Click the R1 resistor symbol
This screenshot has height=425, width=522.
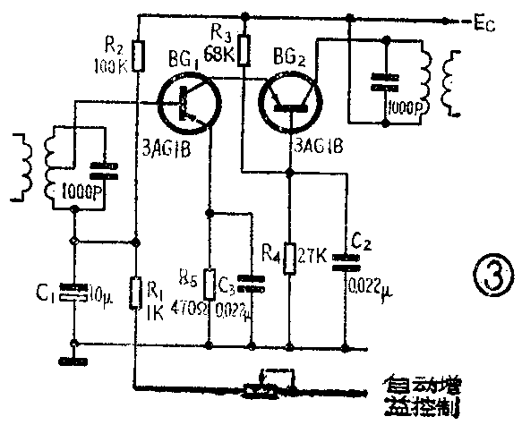[x=134, y=290]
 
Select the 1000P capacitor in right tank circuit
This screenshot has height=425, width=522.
[x=385, y=81]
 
